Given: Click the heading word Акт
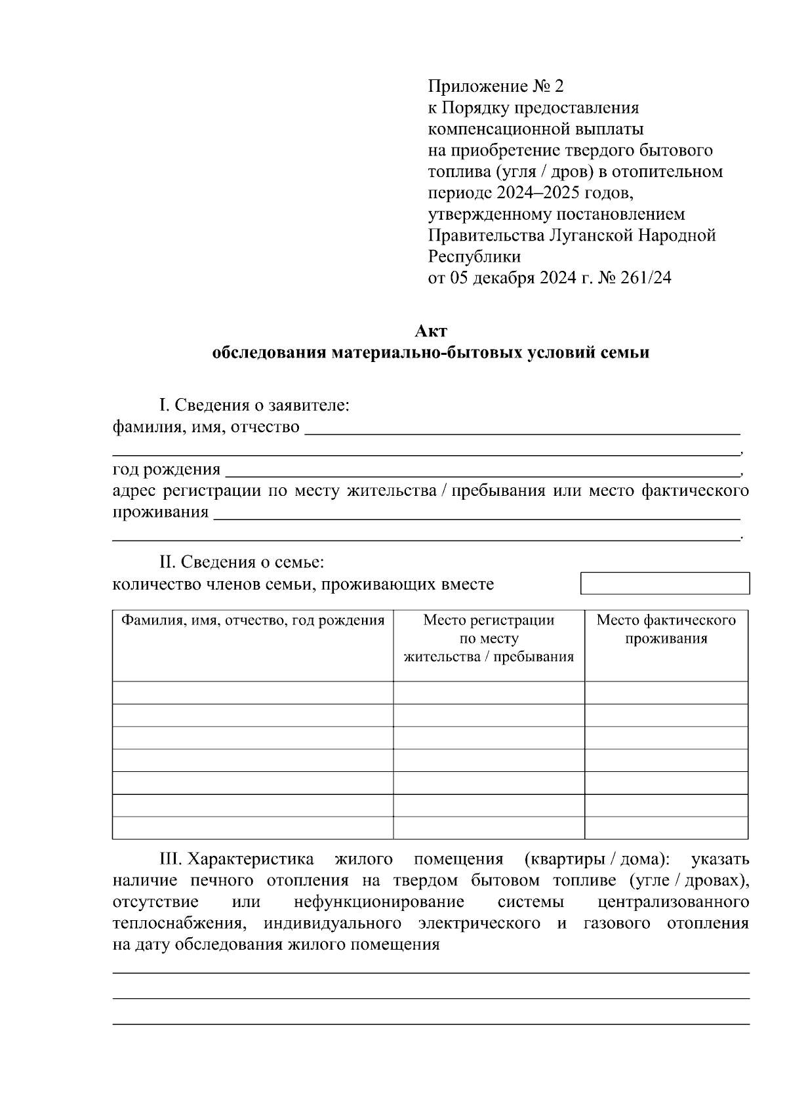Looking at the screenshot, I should [x=430, y=331].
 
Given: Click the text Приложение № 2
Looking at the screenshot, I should [x=495, y=87].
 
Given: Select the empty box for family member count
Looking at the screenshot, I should [x=664, y=583].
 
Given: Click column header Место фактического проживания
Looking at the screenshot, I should [x=666, y=630].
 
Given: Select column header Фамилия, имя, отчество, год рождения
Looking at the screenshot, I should [x=252, y=620].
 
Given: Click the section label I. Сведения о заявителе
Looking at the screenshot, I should [x=254, y=405].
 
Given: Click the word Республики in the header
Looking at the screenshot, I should [x=474, y=256].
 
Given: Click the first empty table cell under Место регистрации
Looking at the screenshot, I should [x=489, y=693].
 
